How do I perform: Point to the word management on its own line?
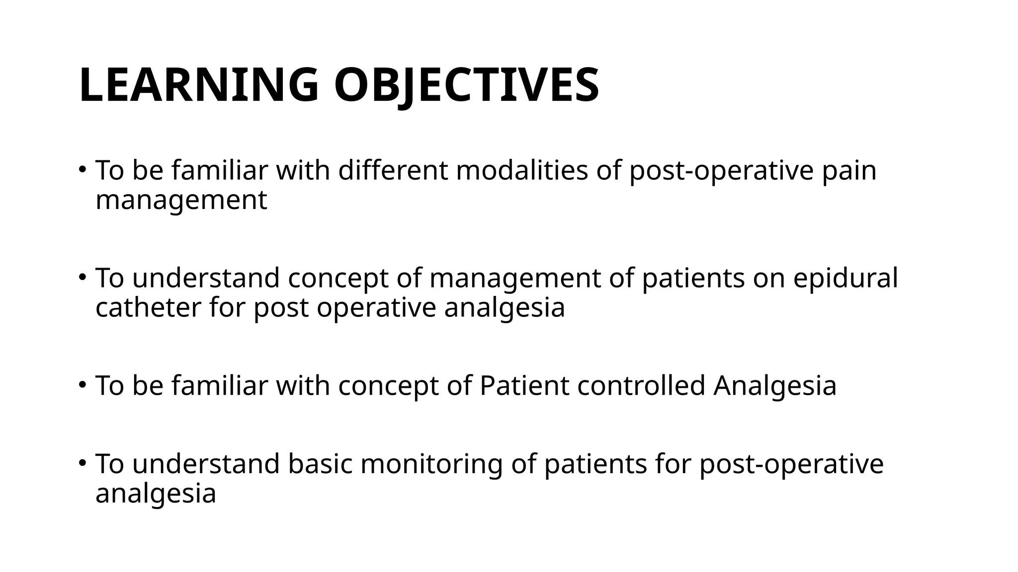[x=181, y=201]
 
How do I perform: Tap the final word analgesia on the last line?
[x=156, y=494]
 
